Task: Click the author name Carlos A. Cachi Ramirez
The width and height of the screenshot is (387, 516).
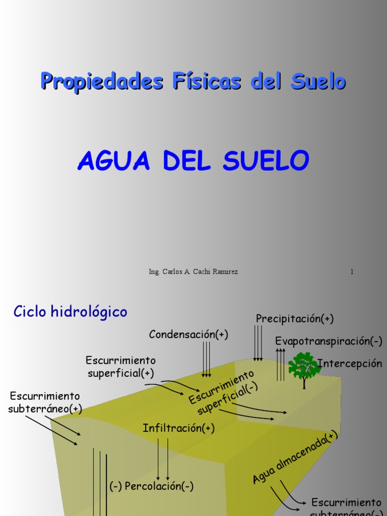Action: [x=200, y=272]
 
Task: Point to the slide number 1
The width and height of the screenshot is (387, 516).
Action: [x=352, y=272]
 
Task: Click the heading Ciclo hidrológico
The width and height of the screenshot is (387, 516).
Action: [x=70, y=311]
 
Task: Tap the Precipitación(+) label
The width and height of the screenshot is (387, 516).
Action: [x=295, y=318]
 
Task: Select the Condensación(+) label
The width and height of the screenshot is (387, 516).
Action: [x=188, y=335]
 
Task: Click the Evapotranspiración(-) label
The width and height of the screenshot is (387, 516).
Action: [x=329, y=341]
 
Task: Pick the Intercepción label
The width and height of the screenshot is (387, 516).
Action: [x=350, y=363]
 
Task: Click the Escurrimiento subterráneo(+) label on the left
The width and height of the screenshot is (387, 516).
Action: [x=44, y=402]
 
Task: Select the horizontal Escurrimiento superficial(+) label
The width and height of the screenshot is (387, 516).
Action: [x=121, y=366]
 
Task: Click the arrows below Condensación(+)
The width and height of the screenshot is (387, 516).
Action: [x=207, y=359]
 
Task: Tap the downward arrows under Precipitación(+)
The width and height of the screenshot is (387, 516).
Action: [x=258, y=343]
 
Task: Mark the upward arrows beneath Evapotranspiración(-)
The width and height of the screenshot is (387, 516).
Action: [x=280, y=364]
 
